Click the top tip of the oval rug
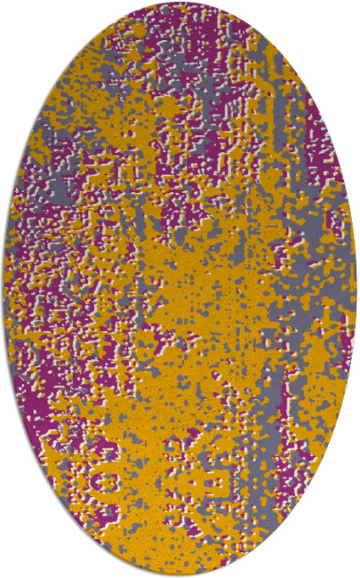point(180,2)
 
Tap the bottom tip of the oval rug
point(180,575)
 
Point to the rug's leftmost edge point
point(3,289)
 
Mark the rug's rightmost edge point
point(356,289)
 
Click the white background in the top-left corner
point(18,18)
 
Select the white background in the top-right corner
point(342,18)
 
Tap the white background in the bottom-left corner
point(18,560)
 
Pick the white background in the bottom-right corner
point(342,560)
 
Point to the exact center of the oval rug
point(180,289)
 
